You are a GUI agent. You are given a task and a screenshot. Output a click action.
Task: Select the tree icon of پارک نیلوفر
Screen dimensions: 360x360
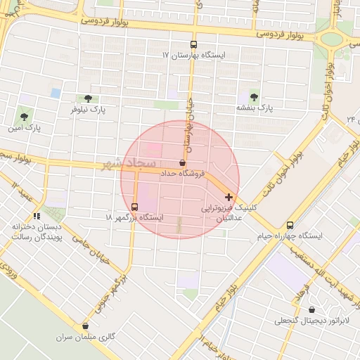(x=87, y=98)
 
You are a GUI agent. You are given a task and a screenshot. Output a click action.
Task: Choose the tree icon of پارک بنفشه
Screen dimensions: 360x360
(x=253, y=96)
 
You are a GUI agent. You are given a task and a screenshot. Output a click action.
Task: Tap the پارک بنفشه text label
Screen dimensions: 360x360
(x=253, y=108)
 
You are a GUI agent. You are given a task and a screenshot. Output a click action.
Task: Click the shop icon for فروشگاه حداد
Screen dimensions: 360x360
(x=183, y=162)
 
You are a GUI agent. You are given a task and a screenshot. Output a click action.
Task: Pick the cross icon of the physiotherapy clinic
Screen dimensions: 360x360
(x=229, y=197)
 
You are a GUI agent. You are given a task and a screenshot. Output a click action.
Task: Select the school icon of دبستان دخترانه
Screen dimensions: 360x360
(x=37, y=216)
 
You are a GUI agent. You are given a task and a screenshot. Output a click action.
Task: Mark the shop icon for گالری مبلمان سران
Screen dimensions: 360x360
(x=86, y=326)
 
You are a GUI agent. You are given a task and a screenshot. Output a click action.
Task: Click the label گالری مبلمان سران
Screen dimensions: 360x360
(x=86, y=337)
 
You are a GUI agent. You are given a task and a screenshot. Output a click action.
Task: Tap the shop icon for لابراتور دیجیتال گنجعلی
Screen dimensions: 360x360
(x=311, y=309)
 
